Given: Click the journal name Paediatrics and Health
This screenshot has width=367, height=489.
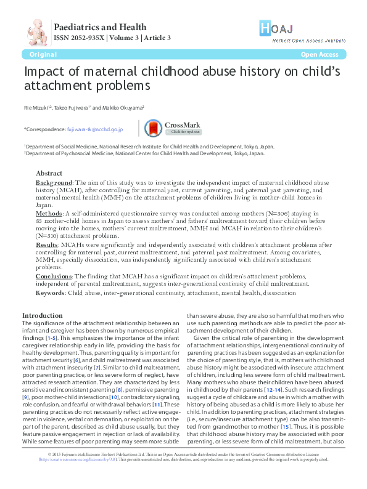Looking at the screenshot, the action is tap(101, 26).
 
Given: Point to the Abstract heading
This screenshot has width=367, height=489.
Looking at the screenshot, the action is tap(49, 173).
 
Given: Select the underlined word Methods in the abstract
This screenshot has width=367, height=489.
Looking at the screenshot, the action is tap(49, 212).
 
